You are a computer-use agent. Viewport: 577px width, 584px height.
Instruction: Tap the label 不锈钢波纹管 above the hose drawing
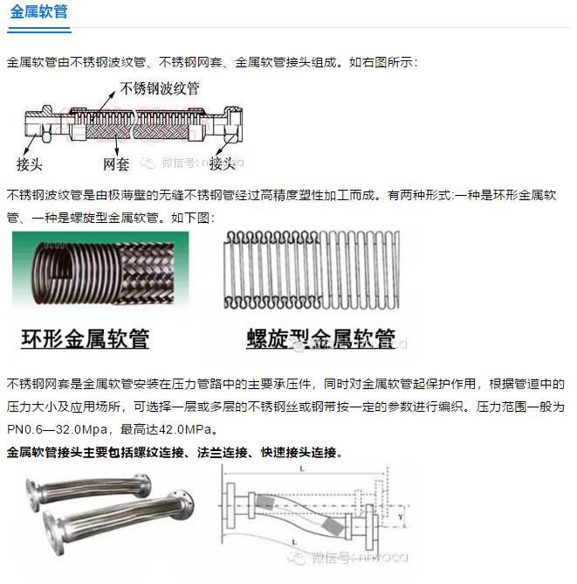(159, 88)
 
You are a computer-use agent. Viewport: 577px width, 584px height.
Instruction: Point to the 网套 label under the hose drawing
(116, 163)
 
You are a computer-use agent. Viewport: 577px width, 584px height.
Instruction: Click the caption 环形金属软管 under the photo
(85, 337)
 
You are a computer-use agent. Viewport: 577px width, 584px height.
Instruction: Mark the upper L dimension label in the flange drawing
(301, 469)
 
